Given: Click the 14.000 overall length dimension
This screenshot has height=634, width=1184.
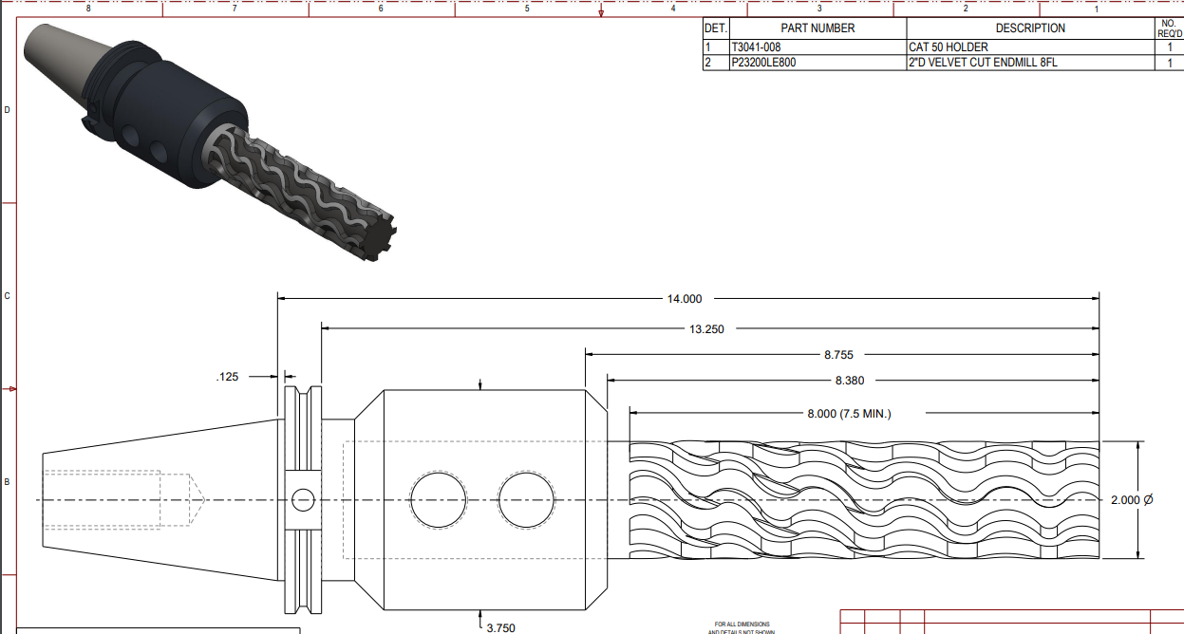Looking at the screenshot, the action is (684, 299).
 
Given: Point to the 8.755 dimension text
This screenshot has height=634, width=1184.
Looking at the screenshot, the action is (837, 355).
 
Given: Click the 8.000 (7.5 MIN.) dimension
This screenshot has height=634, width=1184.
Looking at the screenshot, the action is (849, 414).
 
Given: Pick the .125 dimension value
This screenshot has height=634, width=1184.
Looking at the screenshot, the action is (227, 377).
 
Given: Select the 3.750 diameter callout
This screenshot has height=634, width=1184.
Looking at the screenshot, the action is (500, 627).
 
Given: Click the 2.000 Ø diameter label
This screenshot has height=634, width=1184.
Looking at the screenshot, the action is (1132, 499).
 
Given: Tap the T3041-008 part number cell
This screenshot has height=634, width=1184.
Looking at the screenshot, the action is (756, 47).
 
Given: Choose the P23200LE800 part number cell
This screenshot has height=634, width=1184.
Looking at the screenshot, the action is (763, 63).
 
